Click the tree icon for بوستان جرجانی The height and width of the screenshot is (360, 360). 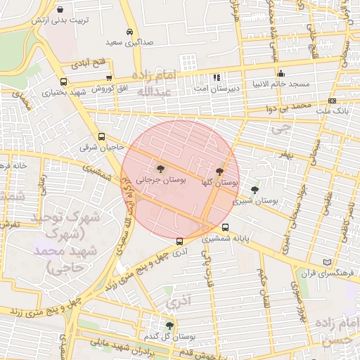click(x=161, y=169)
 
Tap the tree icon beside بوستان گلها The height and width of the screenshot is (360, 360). click(x=220, y=171)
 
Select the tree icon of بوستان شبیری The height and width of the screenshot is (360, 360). click(x=255, y=190)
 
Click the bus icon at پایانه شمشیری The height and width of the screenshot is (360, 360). click(x=225, y=227)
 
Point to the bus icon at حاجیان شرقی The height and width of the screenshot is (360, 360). click(x=101, y=137)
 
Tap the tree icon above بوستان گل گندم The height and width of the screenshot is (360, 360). click(x=169, y=325)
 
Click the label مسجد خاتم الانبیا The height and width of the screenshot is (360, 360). click(x=281, y=84)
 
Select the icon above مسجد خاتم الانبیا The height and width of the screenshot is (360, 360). click(x=281, y=73)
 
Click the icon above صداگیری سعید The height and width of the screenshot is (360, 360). click(x=130, y=32)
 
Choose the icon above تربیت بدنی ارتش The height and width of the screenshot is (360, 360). click(x=60, y=10)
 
